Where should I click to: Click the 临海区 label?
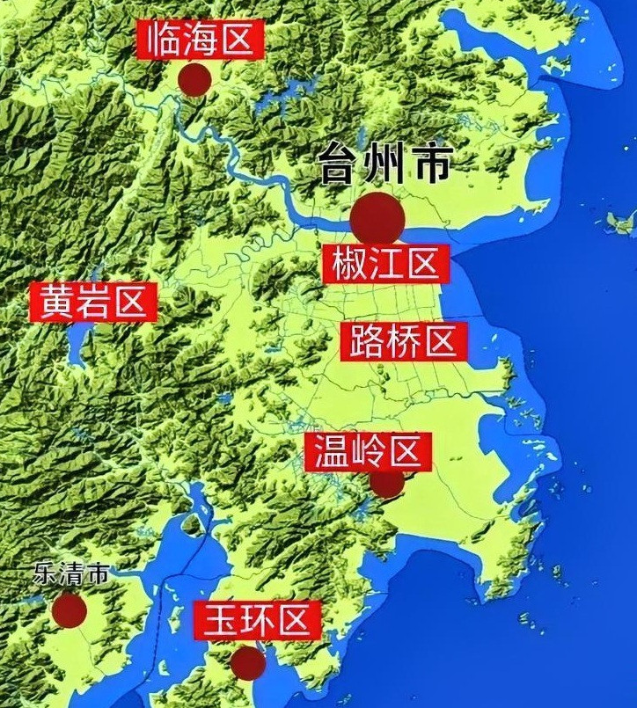pos(200,40)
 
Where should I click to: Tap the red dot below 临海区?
pos(194,79)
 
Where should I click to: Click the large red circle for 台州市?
pos(378,218)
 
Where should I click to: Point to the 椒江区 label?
pos(385,264)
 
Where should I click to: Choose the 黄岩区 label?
pos(92,303)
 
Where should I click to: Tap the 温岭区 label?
pos(368,453)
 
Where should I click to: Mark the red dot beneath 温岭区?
pos(386,483)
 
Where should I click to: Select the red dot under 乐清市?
pos(69,609)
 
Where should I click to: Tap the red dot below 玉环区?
pos(248,662)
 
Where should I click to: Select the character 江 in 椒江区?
pos(385,264)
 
